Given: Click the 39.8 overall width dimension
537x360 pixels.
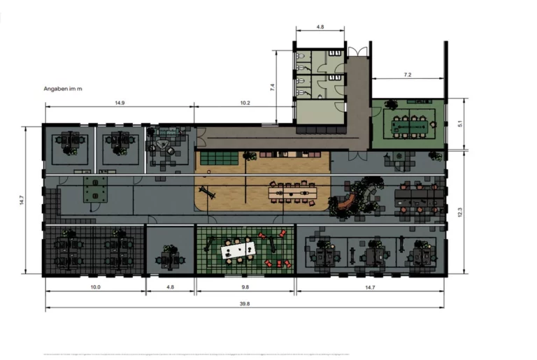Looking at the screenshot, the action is click(x=245, y=303).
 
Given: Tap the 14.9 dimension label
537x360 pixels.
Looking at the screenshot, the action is click(x=120, y=103).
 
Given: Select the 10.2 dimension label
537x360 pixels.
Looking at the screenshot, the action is click(x=245, y=103).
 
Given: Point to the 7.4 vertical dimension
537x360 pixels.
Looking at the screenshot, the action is click(x=273, y=87).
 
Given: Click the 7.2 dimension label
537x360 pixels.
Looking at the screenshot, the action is click(x=408, y=75).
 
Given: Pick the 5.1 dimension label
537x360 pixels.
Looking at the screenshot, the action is click(x=460, y=123).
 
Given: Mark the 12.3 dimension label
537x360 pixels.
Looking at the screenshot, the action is click(x=460, y=212).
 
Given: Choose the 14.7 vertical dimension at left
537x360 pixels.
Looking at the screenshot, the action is click(x=22, y=200).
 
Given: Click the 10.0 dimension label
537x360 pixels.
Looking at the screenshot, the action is click(x=95, y=287).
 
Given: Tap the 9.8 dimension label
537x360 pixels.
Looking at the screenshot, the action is click(x=245, y=287).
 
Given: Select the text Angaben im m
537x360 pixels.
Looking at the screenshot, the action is click(x=63, y=89).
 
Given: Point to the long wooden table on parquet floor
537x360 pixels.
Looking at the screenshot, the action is click(x=292, y=193).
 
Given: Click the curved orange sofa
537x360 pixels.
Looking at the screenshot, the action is click(x=347, y=202).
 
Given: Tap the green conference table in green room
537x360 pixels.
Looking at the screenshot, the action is click(x=410, y=127).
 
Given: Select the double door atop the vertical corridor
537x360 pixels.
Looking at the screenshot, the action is click(x=358, y=52).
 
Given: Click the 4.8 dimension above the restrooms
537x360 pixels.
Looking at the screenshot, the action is click(x=320, y=27).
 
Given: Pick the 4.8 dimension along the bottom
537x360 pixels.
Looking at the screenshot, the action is click(x=170, y=287).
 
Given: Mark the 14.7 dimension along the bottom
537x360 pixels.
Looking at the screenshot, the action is click(x=370, y=287).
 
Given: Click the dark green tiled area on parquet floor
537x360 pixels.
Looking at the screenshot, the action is click(x=220, y=159).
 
